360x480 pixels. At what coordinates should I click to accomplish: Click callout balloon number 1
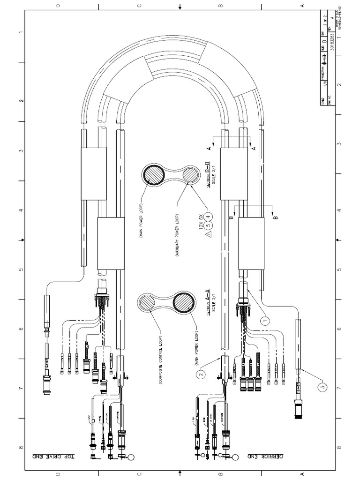pos(266,321)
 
